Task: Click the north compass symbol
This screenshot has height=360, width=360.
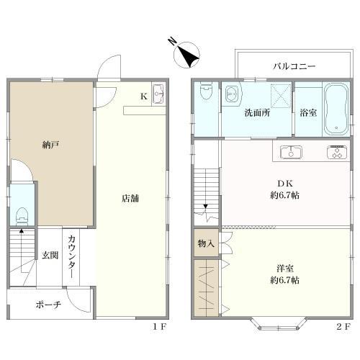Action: pos(186,54)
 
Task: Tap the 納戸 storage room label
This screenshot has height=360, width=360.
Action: pos(50,145)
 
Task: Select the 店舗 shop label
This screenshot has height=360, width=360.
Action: pos(130,198)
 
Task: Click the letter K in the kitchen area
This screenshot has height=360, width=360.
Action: pos(144,96)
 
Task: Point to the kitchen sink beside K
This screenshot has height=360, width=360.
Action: pos(158,94)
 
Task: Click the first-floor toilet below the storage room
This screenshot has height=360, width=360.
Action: pos(22,216)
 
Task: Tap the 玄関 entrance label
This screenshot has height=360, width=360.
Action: pos(50,256)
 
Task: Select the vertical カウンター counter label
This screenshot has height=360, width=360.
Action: pos(71,256)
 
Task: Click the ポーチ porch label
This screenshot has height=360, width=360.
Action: pos(48,305)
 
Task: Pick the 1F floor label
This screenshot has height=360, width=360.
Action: pos(160,326)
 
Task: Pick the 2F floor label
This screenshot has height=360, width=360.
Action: pos(343,326)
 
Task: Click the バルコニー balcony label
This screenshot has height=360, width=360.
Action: pos(294,66)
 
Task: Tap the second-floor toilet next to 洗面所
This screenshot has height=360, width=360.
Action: pos(206,91)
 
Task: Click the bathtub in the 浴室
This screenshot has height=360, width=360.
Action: pos(336,109)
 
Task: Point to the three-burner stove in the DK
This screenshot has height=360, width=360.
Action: pos(337,152)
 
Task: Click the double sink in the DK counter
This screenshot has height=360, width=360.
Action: pos(291,152)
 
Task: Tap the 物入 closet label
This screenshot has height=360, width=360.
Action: pos(206,244)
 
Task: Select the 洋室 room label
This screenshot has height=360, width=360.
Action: pos(285,269)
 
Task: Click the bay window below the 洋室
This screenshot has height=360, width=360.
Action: pos(279,324)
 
